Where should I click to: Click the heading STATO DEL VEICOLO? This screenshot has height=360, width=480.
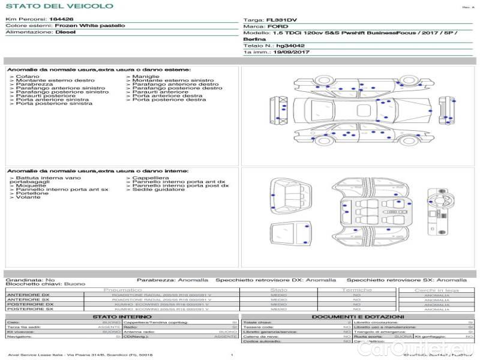click(59, 6)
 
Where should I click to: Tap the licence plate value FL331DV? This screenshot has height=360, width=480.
click(282, 20)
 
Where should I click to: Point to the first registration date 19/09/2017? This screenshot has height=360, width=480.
click(291, 53)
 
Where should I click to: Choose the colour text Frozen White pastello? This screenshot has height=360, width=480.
click(90, 26)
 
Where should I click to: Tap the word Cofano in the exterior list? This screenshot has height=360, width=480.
click(28, 77)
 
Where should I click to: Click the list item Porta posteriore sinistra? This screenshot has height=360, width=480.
click(54, 104)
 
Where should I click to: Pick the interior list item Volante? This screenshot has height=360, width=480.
click(28, 197)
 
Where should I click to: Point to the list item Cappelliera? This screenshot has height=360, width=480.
click(151, 178)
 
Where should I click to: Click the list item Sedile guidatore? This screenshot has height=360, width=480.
click(158, 190)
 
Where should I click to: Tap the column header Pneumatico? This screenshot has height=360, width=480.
click(122, 290)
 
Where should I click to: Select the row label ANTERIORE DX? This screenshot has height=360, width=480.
click(28, 295)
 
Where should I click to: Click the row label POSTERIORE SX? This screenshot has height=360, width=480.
click(29, 310)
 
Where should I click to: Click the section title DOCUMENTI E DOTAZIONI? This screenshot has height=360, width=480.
click(358, 316)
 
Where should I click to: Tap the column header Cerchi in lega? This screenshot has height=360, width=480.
click(437, 290)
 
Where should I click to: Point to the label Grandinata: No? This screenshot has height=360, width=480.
click(30, 280)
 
